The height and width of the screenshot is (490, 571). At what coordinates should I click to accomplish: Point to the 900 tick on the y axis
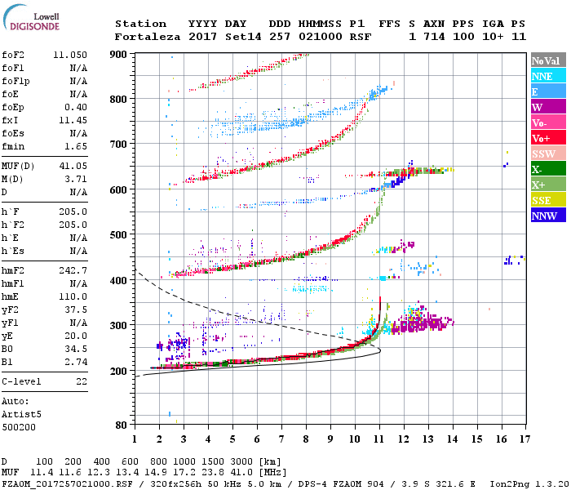tap(119, 54)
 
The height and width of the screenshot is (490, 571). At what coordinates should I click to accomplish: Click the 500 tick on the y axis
tap(119, 234)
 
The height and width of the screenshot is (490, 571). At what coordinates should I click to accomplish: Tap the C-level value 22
tap(82, 381)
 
